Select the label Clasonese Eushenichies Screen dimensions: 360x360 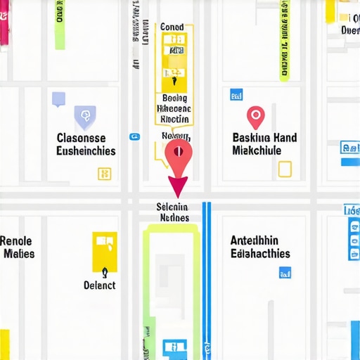86,144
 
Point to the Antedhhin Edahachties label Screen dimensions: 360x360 259,246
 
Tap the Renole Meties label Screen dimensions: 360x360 19,246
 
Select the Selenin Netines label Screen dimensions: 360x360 173,212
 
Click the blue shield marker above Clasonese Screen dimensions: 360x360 84,115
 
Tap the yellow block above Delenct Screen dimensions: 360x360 105,250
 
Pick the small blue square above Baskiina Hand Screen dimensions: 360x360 236,95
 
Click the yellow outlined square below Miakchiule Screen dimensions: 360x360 284,169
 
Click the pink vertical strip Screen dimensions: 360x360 4,21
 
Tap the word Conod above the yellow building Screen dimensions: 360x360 172,27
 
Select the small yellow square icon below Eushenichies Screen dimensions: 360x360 104,173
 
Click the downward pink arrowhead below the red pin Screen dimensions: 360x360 177,186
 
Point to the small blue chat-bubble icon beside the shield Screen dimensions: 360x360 58,99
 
